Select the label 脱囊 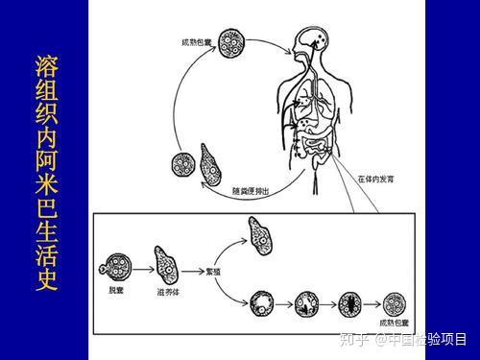(x=117, y=288)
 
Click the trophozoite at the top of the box (x=257, y=234)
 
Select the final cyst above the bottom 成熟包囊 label (x=394, y=304)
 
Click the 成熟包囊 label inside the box (x=395, y=325)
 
